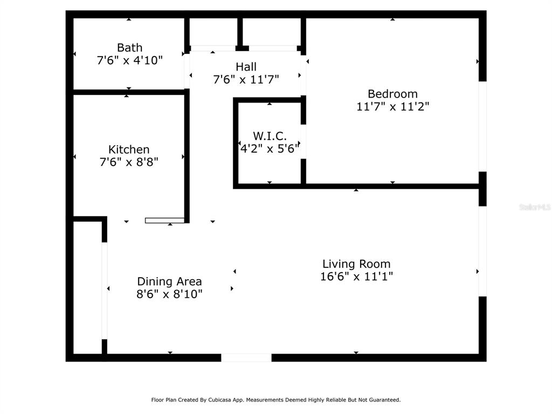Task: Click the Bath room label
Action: point(129,47)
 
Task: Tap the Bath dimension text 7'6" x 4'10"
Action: point(129,60)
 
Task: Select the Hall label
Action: point(246,67)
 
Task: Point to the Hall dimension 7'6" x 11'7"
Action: point(246,80)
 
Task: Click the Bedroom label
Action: point(392,94)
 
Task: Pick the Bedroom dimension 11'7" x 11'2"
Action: point(392,107)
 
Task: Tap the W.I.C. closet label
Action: point(270,136)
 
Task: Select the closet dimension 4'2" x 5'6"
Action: point(270,149)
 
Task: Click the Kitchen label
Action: point(129,149)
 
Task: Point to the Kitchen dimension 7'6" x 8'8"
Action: point(129,162)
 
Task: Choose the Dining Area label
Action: point(169,281)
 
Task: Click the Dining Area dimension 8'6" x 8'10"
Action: point(169,294)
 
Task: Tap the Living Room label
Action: point(356,264)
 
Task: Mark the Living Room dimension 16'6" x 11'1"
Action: point(356,277)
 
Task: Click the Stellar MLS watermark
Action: point(534,207)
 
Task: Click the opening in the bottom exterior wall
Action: point(246,357)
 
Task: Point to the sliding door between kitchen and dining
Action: point(165,220)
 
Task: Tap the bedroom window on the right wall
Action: point(482,127)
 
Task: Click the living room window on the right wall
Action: point(482,251)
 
